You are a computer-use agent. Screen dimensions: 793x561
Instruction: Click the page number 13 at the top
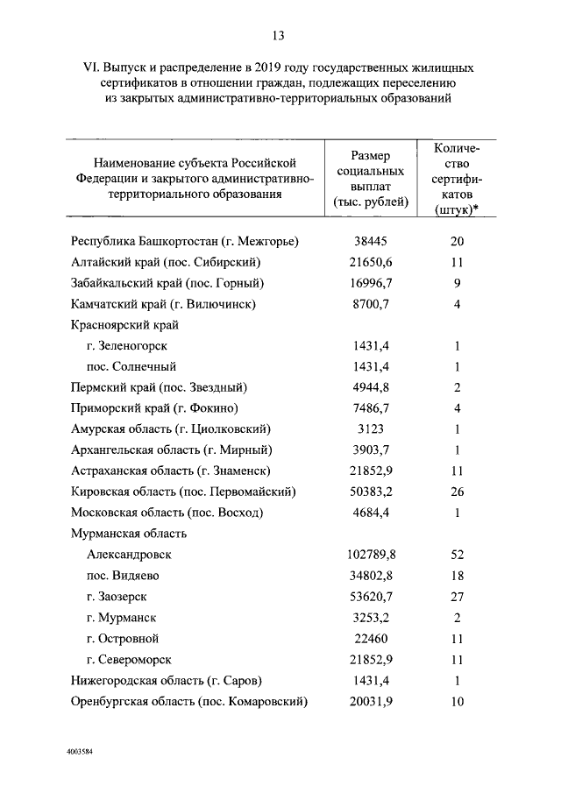click(278, 35)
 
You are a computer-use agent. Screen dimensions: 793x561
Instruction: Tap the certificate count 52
click(457, 556)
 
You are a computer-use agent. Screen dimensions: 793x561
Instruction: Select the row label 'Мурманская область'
click(127, 534)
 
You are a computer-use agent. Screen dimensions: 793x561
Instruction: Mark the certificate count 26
click(457, 492)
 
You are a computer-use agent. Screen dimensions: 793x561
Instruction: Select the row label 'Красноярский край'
click(124, 325)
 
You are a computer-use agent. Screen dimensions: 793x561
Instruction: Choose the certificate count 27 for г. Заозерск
click(457, 597)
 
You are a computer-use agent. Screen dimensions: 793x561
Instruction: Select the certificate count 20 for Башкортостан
click(457, 241)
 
